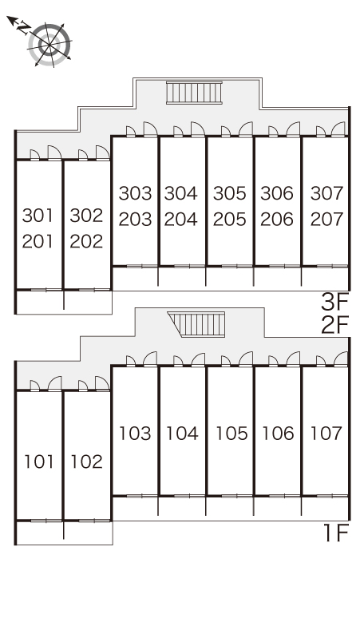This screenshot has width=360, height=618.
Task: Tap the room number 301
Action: pos(38,216)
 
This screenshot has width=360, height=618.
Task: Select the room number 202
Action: pos(86,242)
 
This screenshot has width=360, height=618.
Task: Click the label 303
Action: pos(135,193)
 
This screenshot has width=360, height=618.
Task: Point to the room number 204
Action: pos(180,219)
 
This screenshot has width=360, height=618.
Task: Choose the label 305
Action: pos(230,193)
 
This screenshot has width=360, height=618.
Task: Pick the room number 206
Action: pos(277,219)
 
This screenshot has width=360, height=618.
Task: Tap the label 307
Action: pos(326,193)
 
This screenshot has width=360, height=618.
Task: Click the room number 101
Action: pos(39,462)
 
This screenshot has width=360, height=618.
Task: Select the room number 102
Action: pos(86,462)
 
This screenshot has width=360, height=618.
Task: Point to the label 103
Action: pos(135,433)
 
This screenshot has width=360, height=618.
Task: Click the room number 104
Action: pos(181,433)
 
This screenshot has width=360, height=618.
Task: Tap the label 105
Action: pos(231,433)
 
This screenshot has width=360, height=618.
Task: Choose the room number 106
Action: pos(278,433)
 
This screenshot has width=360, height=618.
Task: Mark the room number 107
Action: pos(326,433)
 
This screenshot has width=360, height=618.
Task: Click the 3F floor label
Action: pos(334,303)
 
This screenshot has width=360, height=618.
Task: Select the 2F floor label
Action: pos(334,325)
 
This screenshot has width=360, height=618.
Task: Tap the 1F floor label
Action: pos(336,533)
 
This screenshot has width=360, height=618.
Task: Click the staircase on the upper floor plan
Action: pos(194,93)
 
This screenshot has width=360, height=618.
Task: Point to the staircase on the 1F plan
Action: pos(196,324)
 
